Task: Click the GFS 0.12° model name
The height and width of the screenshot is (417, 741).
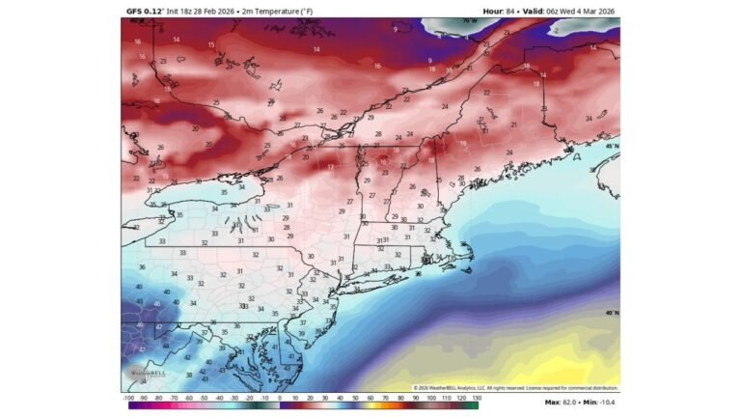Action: pyautogui.click(x=146, y=11)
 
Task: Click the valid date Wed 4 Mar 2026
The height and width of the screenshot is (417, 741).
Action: pyautogui.click(x=587, y=11)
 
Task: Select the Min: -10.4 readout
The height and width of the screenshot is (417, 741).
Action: pyautogui.click(x=600, y=402)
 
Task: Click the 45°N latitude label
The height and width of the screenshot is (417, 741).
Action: pyautogui.click(x=611, y=146)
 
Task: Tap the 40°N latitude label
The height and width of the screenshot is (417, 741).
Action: pyautogui.click(x=611, y=313)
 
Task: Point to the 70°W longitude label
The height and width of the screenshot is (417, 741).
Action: pyautogui.click(x=469, y=20)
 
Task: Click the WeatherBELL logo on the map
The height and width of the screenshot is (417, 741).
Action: pyautogui.click(x=140, y=373)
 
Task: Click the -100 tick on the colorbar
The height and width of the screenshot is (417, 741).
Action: pyautogui.click(x=127, y=397)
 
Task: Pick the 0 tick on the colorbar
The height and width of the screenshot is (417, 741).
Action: pyautogui.click(x=280, y=397)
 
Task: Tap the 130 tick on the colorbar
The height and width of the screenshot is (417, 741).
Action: pyautogui.click(x=476, y=397)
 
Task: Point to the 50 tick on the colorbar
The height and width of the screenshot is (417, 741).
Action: pyautogui.click(x=355, y=397)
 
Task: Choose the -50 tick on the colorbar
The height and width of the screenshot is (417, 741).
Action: pyautogui.click(x=204, y=397)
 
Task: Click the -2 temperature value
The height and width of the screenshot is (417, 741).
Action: pyautogui.click(x=556, y=30)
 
